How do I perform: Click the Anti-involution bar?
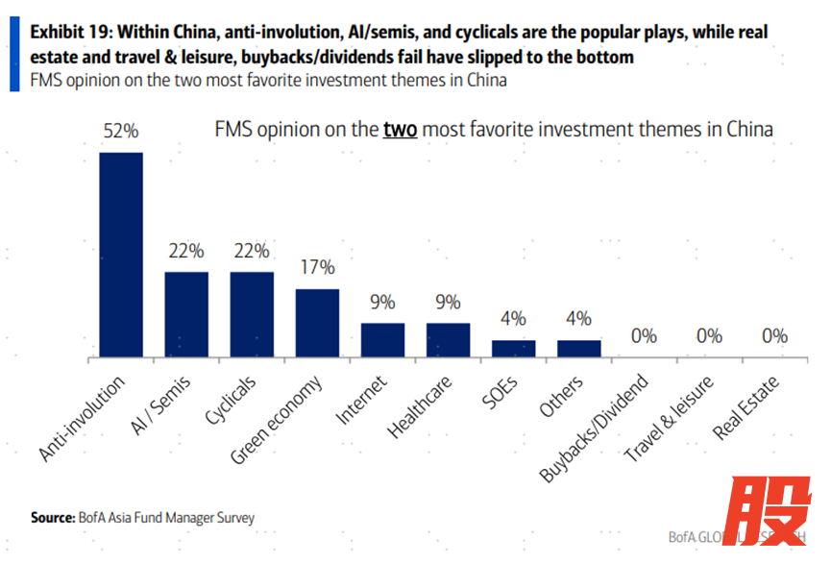[121, 255]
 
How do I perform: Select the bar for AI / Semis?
[186, 315]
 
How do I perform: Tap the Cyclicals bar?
[252, 315]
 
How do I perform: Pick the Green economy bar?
[317, 324]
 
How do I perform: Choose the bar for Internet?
[382, 340]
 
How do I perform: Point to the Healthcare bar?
[448, 340]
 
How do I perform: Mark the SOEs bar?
[513, 349]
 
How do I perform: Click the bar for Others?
[578, 349]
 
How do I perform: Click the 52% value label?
[121, 132]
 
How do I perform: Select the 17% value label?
[317, 267]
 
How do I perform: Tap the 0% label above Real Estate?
[774, 336]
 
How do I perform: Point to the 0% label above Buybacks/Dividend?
[644, 336]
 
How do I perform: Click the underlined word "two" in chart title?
[400, 130]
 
